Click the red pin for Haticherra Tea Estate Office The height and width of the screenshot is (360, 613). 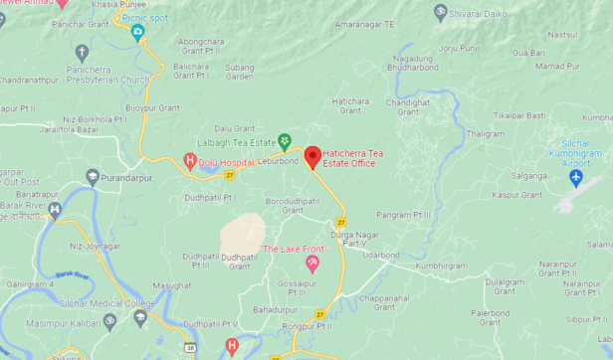click(312, 156)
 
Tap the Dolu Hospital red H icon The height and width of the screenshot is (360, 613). click(189, 159)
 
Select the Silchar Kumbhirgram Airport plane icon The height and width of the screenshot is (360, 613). click(575, 178)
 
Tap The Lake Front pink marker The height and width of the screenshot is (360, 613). click(312, 264)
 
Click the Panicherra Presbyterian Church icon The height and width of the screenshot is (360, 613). click(82, 52)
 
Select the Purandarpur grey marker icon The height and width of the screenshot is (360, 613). click(93, 178)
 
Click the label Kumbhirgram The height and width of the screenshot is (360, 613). click(441, 266)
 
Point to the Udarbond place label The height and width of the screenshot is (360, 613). click(381, 255)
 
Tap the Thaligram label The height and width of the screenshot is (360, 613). click(486, 133)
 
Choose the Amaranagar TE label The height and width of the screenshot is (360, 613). click(364, 23)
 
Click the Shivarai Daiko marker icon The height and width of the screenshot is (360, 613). click(441, 13)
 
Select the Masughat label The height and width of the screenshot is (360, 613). click(172, 285)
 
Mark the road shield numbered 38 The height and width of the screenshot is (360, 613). click(189, 347)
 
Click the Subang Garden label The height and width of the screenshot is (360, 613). click(240, 72)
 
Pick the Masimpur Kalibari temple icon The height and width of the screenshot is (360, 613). click(110, 321)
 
